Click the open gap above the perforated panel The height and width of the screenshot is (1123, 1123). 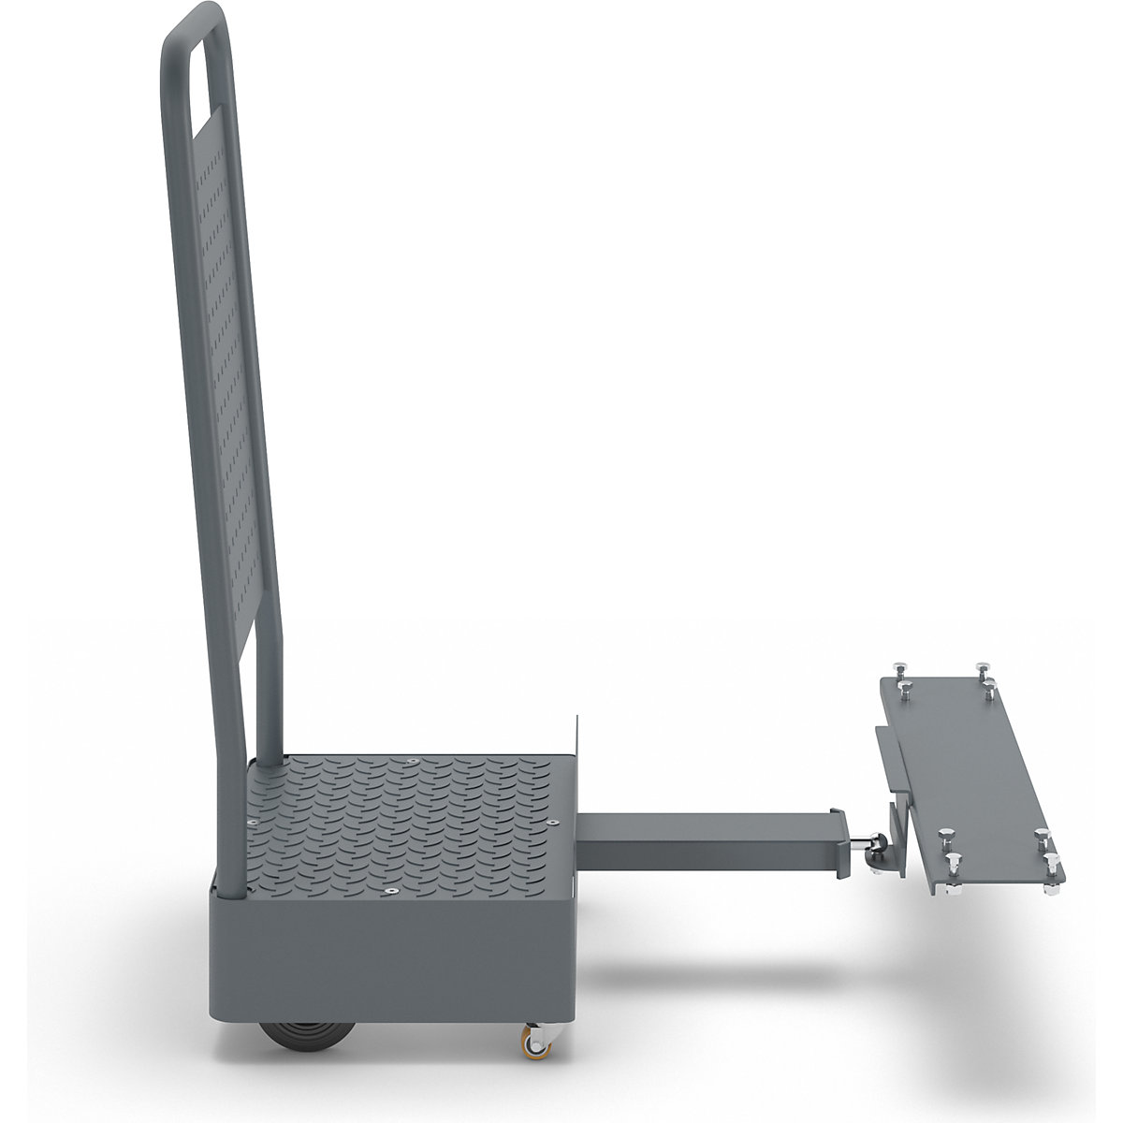click(x=199, y=75)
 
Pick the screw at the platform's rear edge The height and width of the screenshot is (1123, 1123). click(x=412, y=764)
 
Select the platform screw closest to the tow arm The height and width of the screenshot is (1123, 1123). click(x=552, y=819)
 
